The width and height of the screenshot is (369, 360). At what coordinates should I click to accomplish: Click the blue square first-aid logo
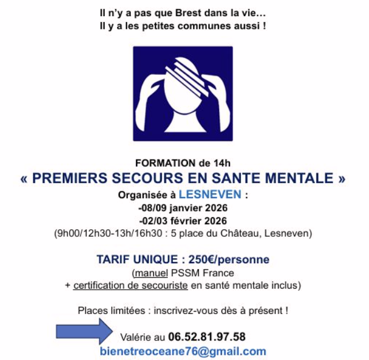183,94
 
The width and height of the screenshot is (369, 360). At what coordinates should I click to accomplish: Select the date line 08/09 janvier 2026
183,208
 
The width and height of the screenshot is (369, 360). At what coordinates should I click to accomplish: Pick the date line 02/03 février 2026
183,221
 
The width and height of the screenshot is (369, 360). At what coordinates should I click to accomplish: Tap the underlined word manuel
148,272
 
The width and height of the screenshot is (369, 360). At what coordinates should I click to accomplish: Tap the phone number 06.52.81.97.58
207,336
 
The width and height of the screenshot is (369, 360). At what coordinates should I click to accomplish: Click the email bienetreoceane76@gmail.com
183,351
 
